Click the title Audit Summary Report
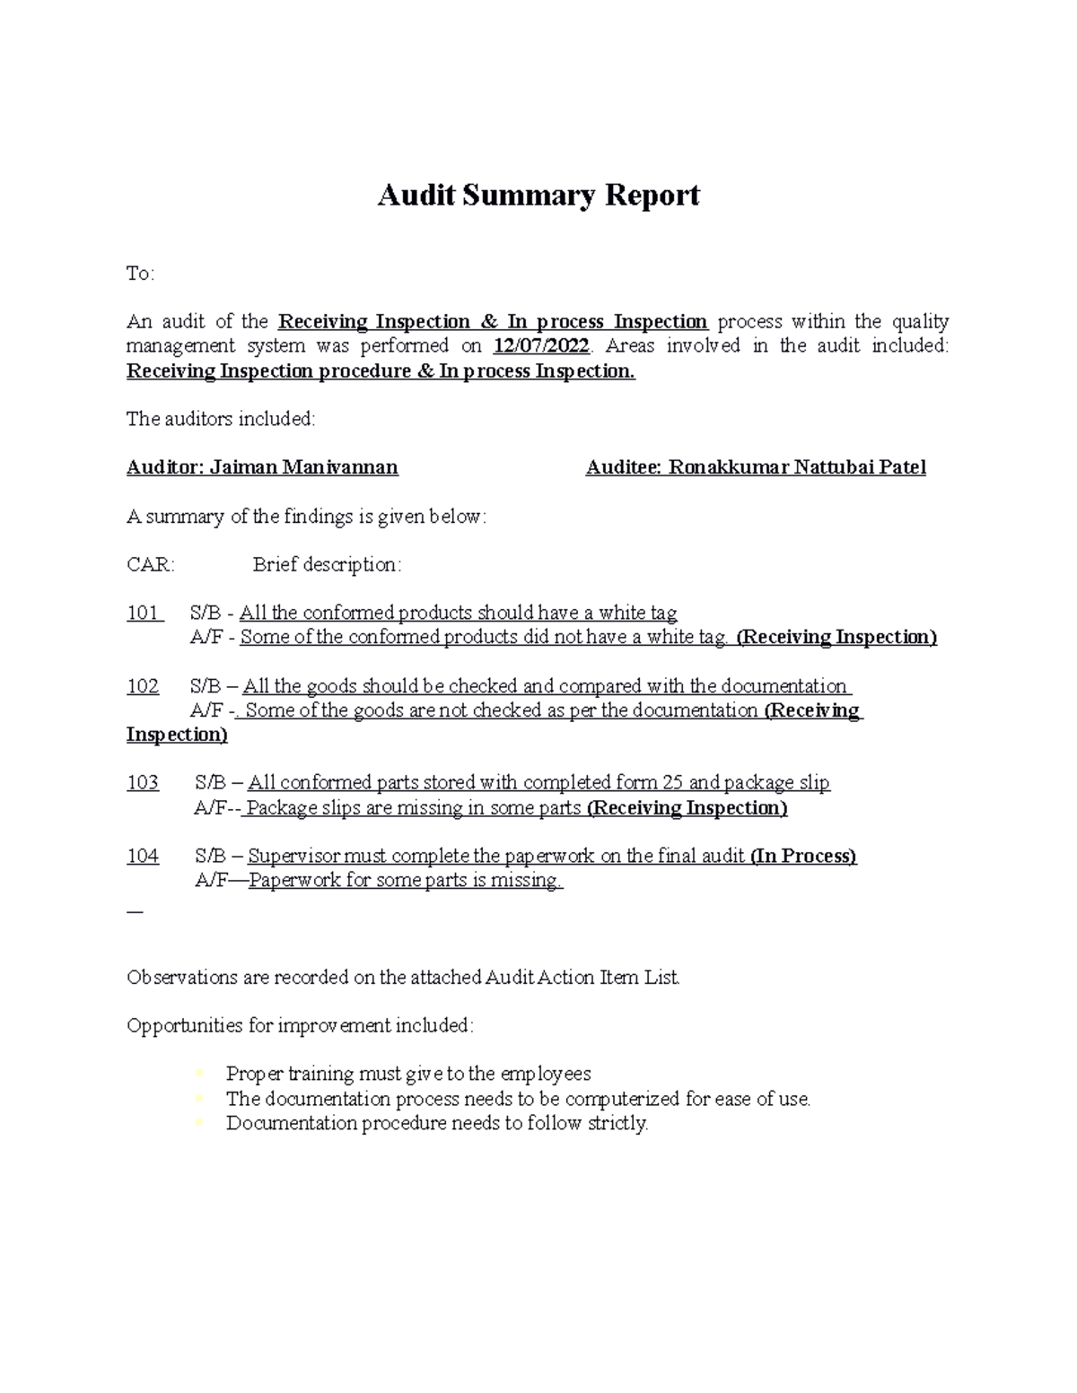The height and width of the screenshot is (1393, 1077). click(x=538, y=196)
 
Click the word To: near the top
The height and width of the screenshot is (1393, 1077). click(x=140, y=274)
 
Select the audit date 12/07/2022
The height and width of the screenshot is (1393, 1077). click(x=541, y=346)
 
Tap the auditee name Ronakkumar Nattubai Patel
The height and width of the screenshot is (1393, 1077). click(x=796, y=467)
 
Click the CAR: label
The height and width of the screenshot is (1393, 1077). click(x=151, y=565)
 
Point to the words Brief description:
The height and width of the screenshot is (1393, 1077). click(x=327, y=565)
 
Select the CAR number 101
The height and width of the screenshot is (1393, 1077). click(x=143, y=614)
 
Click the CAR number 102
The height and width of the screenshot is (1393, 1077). click(x=143, y=687)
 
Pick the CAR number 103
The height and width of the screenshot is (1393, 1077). click(x=143, y=783)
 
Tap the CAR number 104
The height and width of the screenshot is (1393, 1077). click(x=143, y=857)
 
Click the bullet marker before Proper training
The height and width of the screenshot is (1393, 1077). click(x=198, y=1074)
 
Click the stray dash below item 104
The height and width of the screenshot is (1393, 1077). click(x=135, y=910)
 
